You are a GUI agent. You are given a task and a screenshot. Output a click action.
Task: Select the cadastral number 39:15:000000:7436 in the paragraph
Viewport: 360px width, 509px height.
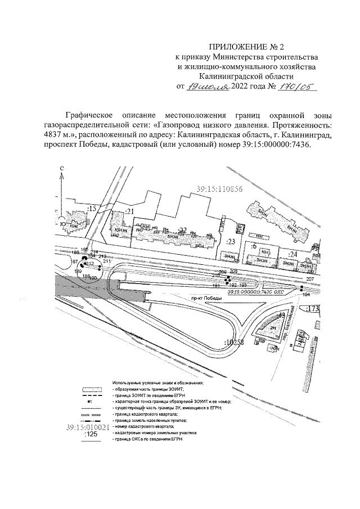tap(267, 145)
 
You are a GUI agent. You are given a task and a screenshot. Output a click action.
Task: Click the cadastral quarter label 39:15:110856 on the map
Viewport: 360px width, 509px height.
tap(220, 189)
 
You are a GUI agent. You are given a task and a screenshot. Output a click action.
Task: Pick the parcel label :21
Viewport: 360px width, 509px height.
tap(130, 211)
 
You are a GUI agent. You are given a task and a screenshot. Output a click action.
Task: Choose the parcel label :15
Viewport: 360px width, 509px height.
tap(92, 209)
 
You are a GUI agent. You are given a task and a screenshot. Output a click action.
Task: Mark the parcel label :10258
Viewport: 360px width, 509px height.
tap(232, 342)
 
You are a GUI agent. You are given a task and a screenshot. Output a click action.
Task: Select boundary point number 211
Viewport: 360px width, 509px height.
tap(107, 262)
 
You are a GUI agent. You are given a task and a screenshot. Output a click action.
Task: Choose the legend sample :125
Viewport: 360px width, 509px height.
tap(89, 434)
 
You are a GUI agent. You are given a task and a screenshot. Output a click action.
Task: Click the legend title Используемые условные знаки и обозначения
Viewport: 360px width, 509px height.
tap(158, 382)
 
